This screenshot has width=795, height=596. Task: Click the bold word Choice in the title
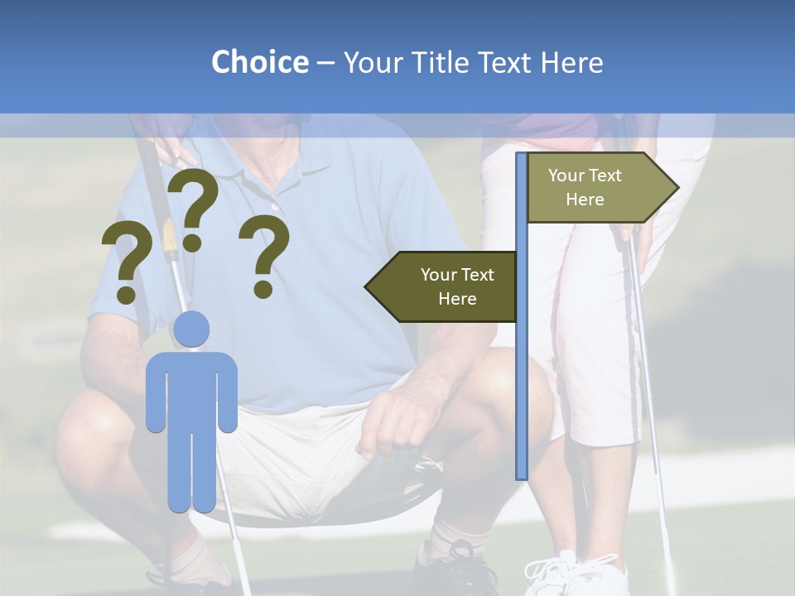tap(259, 62)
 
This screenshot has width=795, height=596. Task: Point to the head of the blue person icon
tap(191, 330)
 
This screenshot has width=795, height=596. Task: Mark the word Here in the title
tap(571, 62)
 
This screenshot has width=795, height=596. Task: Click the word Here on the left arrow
tap(457, 299)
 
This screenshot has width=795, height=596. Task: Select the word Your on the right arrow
tap(566, 175)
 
